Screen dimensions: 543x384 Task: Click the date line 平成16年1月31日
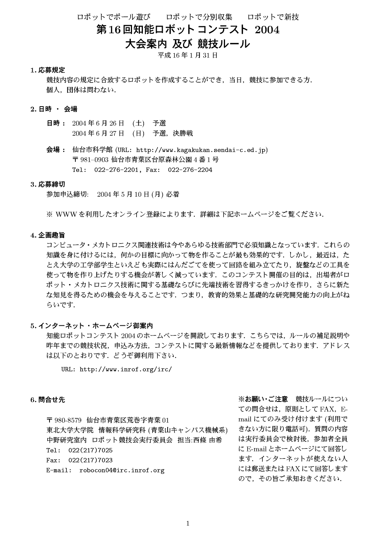(x=187, y=56)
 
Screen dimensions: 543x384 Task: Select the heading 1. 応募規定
(x=48, y=70)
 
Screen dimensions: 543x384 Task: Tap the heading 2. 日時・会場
(x=54, y=109)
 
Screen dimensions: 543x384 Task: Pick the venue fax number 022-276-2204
(x=190, y=170)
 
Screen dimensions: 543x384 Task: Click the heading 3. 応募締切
(x=48, y=184)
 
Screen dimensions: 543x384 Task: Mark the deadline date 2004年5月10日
(x=123, y=194)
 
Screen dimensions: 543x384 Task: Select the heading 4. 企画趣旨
(x=48, y=235)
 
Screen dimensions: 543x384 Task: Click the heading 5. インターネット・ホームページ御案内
(x=91, y=326)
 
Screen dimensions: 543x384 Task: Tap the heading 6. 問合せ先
(x=48, y=400)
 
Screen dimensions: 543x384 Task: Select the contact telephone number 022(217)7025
(x=90, y=450)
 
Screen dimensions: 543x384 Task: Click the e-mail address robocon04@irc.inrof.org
(x=122, y=470)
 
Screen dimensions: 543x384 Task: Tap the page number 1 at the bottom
(x=188, y=524)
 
